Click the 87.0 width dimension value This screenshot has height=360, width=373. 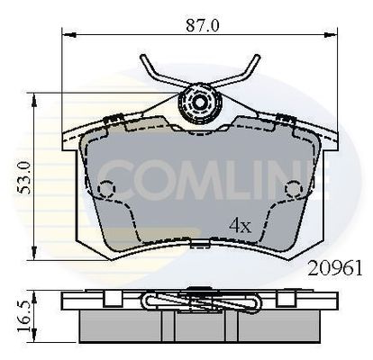coord(203,25)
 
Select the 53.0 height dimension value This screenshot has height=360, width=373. coord(24,177)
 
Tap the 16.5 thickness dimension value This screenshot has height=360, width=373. coord(24,316)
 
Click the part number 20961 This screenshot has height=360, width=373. coord(335,268)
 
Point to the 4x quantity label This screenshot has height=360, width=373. coord(240,226)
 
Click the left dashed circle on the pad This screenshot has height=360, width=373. coord(106,189)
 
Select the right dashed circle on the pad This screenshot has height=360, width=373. coord(294,189)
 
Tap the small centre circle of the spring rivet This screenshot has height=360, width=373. coord(199,103)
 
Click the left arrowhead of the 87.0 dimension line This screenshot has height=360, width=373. coord(68,35)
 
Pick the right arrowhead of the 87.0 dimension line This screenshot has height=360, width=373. coord(331,35)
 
